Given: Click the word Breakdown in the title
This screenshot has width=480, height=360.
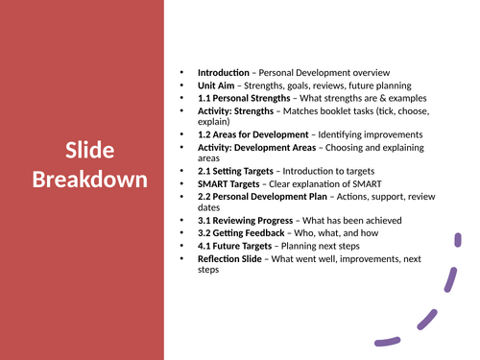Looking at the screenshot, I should [89, 179].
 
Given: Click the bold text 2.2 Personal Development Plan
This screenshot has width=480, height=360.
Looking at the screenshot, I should [261, 196].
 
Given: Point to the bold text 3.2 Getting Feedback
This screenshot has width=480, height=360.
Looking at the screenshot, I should [241, 232].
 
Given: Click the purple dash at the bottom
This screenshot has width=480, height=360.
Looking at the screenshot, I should [387, 339].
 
